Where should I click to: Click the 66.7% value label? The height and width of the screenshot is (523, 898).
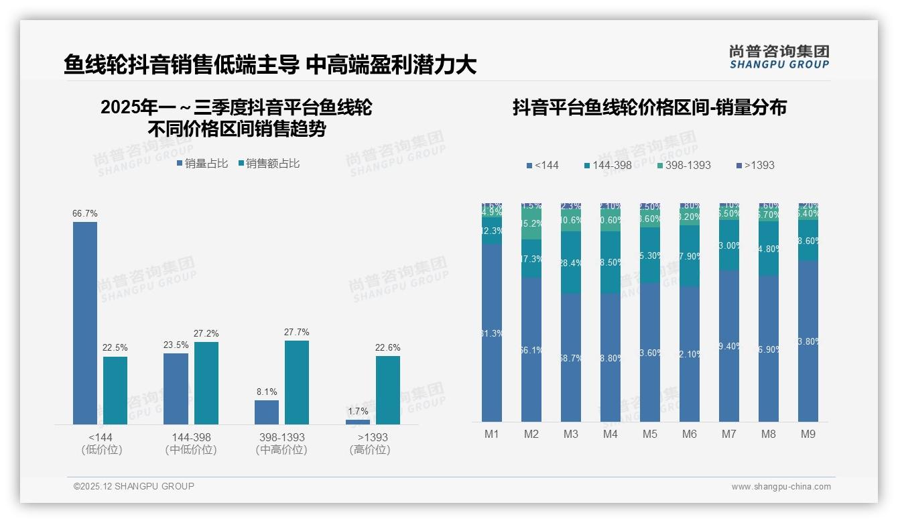(85, 214)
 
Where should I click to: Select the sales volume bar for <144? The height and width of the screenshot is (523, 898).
(85, 323)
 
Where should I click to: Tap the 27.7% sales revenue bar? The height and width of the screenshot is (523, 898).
(297, 382)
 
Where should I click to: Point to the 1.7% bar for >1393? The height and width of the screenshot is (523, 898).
(358, 422)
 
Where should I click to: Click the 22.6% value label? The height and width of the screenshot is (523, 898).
(388, 347)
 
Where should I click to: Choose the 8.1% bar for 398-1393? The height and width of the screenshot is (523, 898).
(267, 412)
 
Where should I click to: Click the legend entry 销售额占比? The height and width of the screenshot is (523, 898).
(269, 164)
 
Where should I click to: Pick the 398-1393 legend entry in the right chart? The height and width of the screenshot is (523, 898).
(683, 165)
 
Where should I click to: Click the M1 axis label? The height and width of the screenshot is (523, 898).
(492, 434)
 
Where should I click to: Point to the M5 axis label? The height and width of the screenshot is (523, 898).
(650, 434)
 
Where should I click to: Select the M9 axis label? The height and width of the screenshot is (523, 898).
(808, 434)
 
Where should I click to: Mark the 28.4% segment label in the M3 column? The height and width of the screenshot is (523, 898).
(571, 264)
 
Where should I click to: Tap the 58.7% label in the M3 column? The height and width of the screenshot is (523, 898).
(571, 359)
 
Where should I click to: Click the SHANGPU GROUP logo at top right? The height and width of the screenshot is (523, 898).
(779, 57)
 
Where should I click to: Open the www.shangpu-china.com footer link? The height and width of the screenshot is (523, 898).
(781, 487)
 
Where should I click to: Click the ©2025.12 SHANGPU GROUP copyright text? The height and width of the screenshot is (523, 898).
(134, 486)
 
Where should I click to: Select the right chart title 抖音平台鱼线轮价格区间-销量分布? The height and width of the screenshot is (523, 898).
(649, 108)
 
